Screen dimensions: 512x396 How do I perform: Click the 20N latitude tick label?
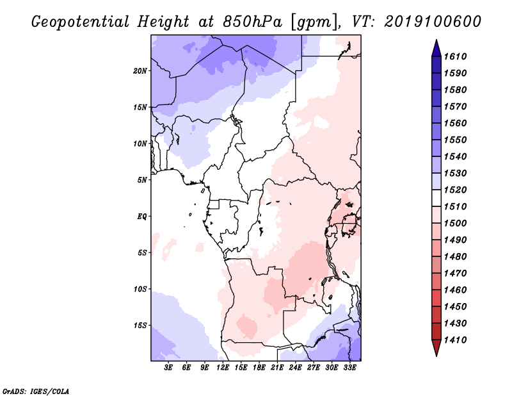click(x=140, y=71)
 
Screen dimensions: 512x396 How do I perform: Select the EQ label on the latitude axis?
click(x=142, y=217)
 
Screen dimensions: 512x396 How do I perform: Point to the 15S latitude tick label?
click(x=140, y=326)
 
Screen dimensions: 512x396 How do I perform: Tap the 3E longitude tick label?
click(x=168, y=367)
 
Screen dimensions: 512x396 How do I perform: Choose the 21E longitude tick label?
click(x=277, y=367)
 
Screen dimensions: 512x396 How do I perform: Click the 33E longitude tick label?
click(x=349, y=367)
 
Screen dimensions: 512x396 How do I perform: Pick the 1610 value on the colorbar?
click(x=456, y=56)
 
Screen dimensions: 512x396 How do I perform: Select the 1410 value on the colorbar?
click(x=456, y=340)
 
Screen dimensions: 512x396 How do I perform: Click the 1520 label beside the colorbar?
click(x=456, y=190)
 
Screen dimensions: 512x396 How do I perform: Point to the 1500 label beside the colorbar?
click(x=456, y=224)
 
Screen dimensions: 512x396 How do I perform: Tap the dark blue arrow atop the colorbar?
click(x=436, y=48)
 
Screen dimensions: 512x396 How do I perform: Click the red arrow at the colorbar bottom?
click(x=436, y=348)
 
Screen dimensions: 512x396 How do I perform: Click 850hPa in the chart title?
click(x=252, y=22)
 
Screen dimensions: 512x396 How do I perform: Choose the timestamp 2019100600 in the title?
click(x=433, y=22)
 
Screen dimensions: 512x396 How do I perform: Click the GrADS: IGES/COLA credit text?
click(x=35, y=392)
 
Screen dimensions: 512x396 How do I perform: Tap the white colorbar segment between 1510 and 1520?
click(x=436, y=198)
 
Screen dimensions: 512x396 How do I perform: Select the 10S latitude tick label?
click(x=140, y=289)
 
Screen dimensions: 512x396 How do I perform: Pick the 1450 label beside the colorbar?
click(x=456, y=307)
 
